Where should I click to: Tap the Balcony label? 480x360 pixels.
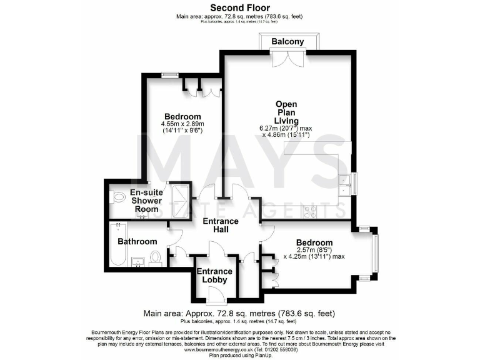coord(287,42)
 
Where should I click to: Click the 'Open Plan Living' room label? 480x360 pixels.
coord(287,112)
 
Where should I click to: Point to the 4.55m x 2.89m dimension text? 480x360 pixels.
coord(182,124)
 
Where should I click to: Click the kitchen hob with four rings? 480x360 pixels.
coord(309,211)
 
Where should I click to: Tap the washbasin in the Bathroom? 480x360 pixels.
coord(139,259)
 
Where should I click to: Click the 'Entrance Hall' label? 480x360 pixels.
coord(220,226)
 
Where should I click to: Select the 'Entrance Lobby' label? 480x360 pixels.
coord(214,276)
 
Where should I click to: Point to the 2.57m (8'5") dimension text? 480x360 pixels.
coord(313,249)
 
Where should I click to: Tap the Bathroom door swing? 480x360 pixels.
coord(176,235)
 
